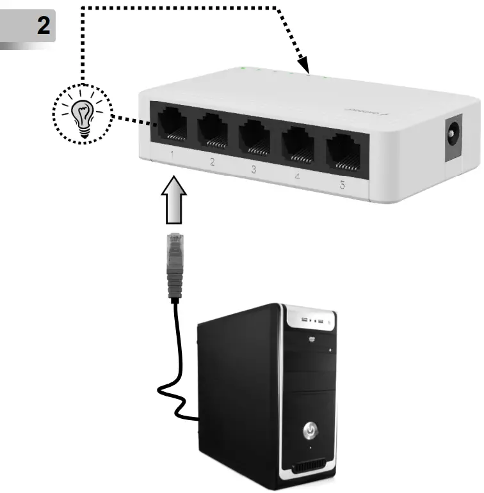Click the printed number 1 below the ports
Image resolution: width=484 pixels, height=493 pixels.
(x=172, y=155)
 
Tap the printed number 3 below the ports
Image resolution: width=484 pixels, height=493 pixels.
(x=253, y=169)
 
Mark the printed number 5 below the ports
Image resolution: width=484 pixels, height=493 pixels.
(x=343, y=185)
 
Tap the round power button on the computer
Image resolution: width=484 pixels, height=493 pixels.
(x=311, y=429)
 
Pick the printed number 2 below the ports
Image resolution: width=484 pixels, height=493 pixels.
(x=213, y=162)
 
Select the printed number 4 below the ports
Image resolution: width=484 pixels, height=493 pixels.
(x=297, y=176)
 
